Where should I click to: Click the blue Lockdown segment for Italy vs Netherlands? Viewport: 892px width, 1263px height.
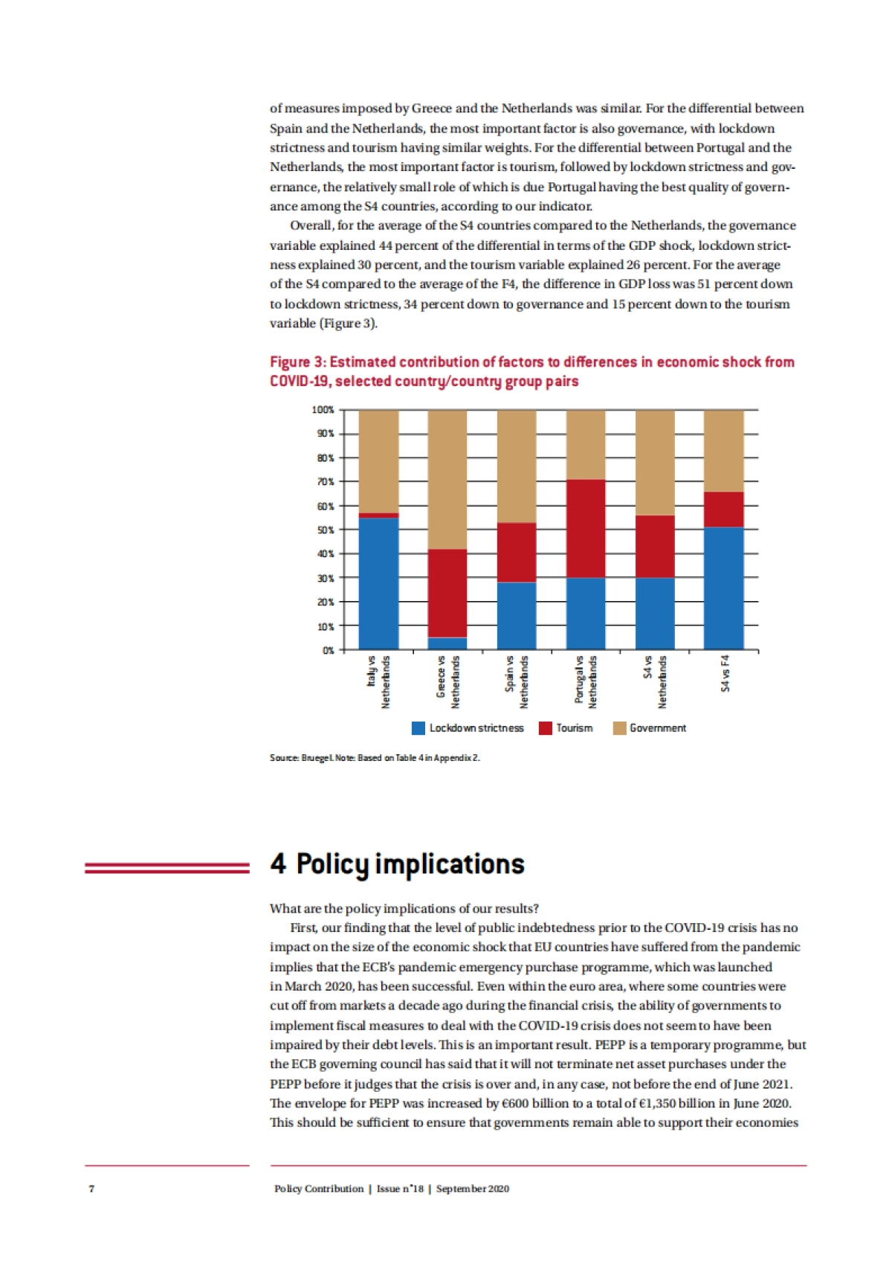point(378,584)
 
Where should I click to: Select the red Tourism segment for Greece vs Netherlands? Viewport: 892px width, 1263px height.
point(447,593)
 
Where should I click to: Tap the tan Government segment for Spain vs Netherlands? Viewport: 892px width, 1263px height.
point(517,466)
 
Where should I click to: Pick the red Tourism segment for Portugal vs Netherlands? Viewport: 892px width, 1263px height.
point(586,528)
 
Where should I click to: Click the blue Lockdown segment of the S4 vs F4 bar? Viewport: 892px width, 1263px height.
point(724,588)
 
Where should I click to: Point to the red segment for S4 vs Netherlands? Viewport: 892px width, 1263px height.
point(655,547)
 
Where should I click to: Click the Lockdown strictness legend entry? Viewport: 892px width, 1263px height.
point(468,728)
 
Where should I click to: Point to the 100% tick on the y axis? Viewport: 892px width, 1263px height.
point(323,410)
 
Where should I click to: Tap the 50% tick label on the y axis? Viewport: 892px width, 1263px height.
point(326,530)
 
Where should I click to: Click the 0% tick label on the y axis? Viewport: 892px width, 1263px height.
point(328,650)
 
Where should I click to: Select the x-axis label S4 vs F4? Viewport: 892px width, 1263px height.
point(725,673)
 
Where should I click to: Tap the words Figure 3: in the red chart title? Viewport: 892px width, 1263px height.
point(297,362)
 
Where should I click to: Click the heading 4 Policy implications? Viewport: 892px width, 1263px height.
point(397,864)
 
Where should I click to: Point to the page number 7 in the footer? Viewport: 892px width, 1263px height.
point(91,1189)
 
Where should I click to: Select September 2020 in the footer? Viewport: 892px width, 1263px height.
point(473,1189)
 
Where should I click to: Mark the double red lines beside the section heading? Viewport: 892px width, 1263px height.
point(167,867)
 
